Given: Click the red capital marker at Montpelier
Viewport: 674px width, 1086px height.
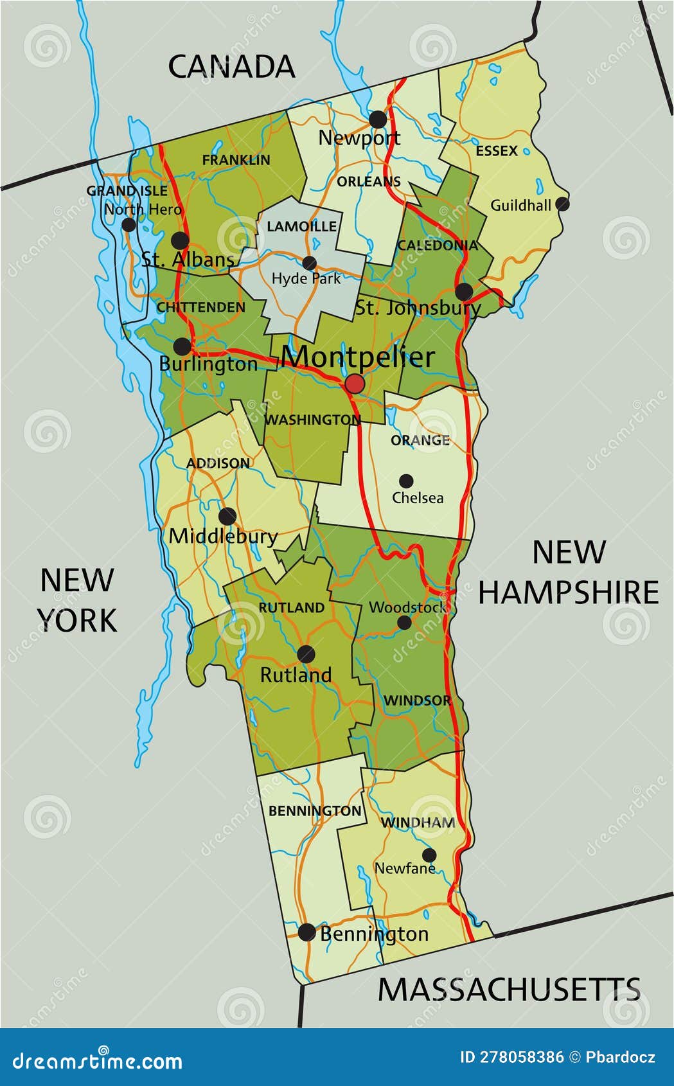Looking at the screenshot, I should point(355,384).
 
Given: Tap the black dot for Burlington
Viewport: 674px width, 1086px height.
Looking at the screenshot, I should point(182,346).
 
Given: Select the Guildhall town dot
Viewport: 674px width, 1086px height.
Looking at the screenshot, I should point(562,204).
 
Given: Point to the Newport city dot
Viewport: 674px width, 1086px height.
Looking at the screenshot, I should point(378,119).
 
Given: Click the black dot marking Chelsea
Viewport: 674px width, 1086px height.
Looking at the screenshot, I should point(406,481).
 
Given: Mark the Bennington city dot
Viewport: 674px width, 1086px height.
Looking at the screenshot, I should point(307,932).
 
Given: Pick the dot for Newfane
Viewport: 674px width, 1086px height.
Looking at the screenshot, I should point(429,855).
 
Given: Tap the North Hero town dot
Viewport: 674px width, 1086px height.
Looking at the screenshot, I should point(129,224).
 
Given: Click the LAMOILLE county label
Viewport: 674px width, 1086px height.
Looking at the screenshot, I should point(301,226).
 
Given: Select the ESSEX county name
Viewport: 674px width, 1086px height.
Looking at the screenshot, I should point(497,151).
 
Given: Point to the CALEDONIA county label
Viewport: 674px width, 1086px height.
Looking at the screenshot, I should point(438,245).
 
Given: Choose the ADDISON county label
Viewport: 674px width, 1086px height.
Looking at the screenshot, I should point(218,463).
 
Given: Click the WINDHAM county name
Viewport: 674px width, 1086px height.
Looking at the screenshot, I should point(418,823).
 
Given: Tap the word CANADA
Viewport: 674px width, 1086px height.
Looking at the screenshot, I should point(231,67).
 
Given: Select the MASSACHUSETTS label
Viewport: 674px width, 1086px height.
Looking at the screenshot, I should point(509,989).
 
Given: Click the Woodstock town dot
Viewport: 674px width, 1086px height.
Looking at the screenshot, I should point(404,622).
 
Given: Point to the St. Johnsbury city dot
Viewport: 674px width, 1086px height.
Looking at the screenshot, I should point(464,292).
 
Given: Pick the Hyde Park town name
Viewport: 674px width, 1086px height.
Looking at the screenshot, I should point(306,278).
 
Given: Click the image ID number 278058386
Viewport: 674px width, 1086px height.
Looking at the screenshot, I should point(522,1057).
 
